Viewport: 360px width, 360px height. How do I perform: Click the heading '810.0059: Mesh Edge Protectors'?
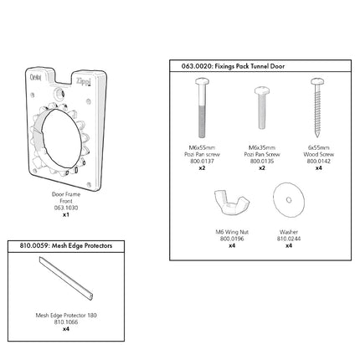coord(59,245)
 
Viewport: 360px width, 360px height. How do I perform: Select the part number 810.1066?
coord(66,321)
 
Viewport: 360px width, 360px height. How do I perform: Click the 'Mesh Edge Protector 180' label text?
coord(66,315)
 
